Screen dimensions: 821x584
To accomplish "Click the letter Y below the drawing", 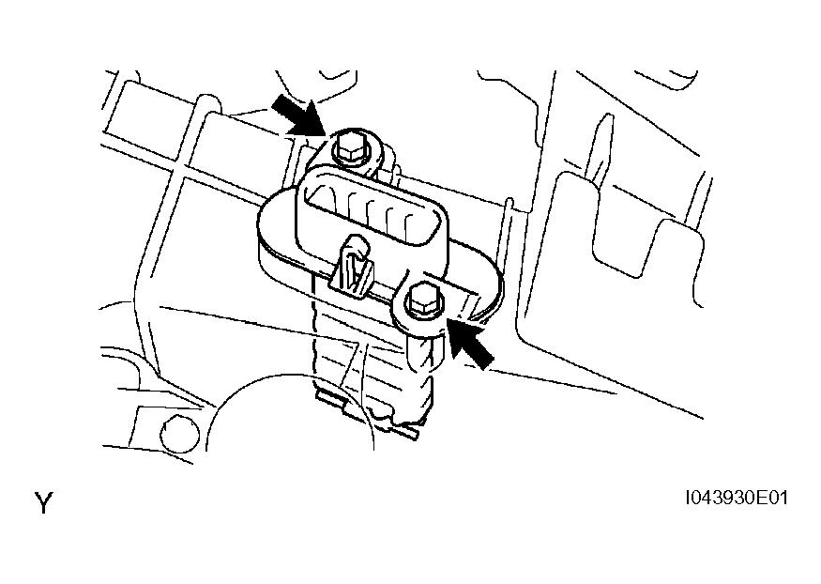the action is click(x=44, y=503).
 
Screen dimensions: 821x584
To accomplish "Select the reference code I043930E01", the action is click(x=737, y=498).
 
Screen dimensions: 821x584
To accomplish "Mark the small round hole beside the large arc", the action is click(x=180, y=433).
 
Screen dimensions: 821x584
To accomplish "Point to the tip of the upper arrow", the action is click(x=327, y=134).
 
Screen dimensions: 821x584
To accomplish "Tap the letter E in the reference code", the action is click(x=760, y=498).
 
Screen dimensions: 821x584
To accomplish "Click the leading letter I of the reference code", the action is click(x=689, y=498).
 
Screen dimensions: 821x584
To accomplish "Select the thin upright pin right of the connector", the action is click(x=508, y=236).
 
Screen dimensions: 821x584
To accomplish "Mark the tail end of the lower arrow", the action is click(x=487, y=361).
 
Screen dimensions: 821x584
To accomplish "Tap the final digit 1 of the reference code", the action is click(x=783, y=498).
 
